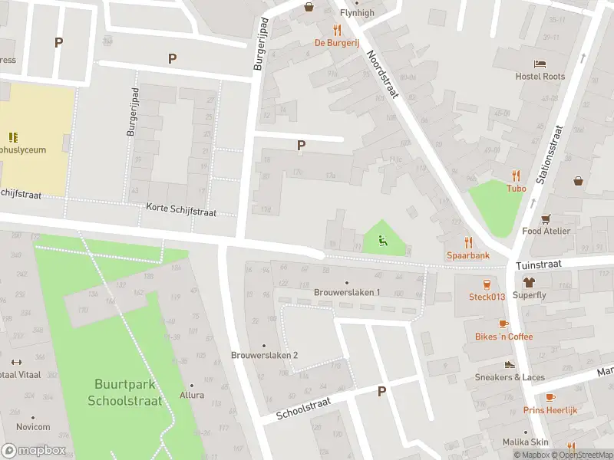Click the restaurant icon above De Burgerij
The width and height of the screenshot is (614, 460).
(x=336, y=31)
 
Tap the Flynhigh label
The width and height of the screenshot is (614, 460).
(x=357, y=13)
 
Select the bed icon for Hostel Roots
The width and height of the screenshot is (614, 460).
(x=540, y=64)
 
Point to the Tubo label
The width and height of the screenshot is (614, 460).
(x=516, y=189)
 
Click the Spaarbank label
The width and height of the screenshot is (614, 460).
(x=468, y=255)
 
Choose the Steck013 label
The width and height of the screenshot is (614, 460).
(x=487, y=297)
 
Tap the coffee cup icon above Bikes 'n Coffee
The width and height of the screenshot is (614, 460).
(x=503, y=324)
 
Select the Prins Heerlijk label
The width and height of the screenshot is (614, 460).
(x=550, y=410)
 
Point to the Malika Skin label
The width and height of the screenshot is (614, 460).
(x=526, y=442)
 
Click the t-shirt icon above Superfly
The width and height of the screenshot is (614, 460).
(x=529, y=282)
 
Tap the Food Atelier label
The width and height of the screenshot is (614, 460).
(x=546, y=231)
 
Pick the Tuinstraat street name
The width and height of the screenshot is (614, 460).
(x=539, y=263)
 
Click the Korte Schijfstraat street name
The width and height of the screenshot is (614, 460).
(x=181, y=209)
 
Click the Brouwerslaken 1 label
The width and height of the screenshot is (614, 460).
(x=347, y=292)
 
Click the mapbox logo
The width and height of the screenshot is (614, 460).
(x=33, y=450)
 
